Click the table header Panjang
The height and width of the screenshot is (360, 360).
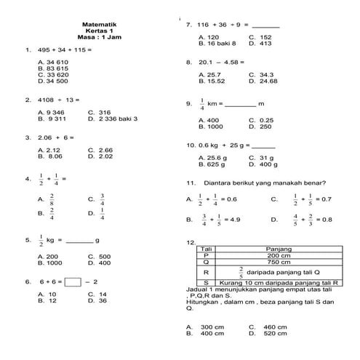(279, 249)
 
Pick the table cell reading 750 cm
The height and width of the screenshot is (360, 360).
(279, 262)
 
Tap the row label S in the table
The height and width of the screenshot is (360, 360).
(207, 282)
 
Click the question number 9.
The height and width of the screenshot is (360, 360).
(188, 104)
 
